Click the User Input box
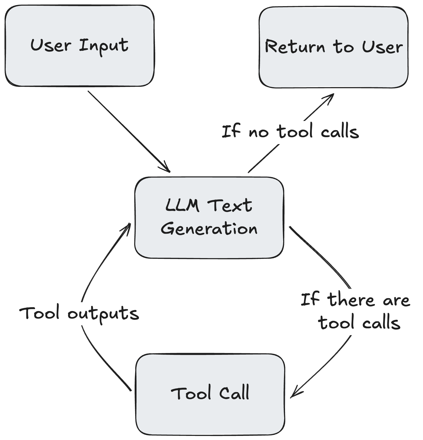[80, 46]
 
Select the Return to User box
[333, 48]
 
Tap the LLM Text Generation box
[209, 217]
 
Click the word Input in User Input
[103, 46]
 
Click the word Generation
[209, 228]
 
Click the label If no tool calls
[290, 131]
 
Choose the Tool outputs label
[79, 313]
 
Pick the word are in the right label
[396, 301]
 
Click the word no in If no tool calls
[258, 132]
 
